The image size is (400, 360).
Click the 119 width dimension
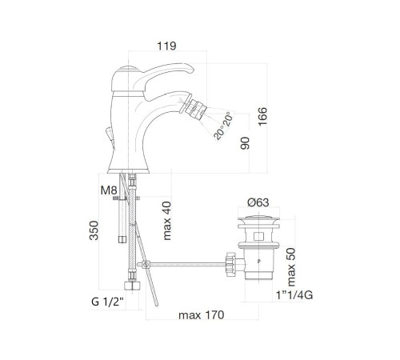(x=166, y=46)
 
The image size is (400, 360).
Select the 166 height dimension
(x=262, y=117)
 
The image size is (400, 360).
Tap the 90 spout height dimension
(x=245, y=143)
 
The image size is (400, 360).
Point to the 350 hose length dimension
(x=94, y=230)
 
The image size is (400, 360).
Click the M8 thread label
(x=109, y=190)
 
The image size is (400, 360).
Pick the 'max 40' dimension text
(x=166, y=221)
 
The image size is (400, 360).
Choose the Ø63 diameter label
(x=258, y=202)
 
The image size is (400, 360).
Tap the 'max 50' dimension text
(x=291, y=267)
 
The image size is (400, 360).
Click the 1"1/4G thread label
(x=294, y=295)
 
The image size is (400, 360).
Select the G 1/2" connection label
(x=108, y=302)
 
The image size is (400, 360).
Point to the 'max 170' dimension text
(x=202, y=315)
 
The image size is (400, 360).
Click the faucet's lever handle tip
(x=191, y=70)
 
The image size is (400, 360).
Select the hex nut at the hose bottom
(x=132, y=286)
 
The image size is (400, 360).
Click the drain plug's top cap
(x=258, y=220)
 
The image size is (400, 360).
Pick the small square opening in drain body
(x=258, y=236)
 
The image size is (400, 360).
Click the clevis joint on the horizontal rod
(x=146, y=265)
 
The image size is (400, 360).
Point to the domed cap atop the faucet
(x=127, y=69)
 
